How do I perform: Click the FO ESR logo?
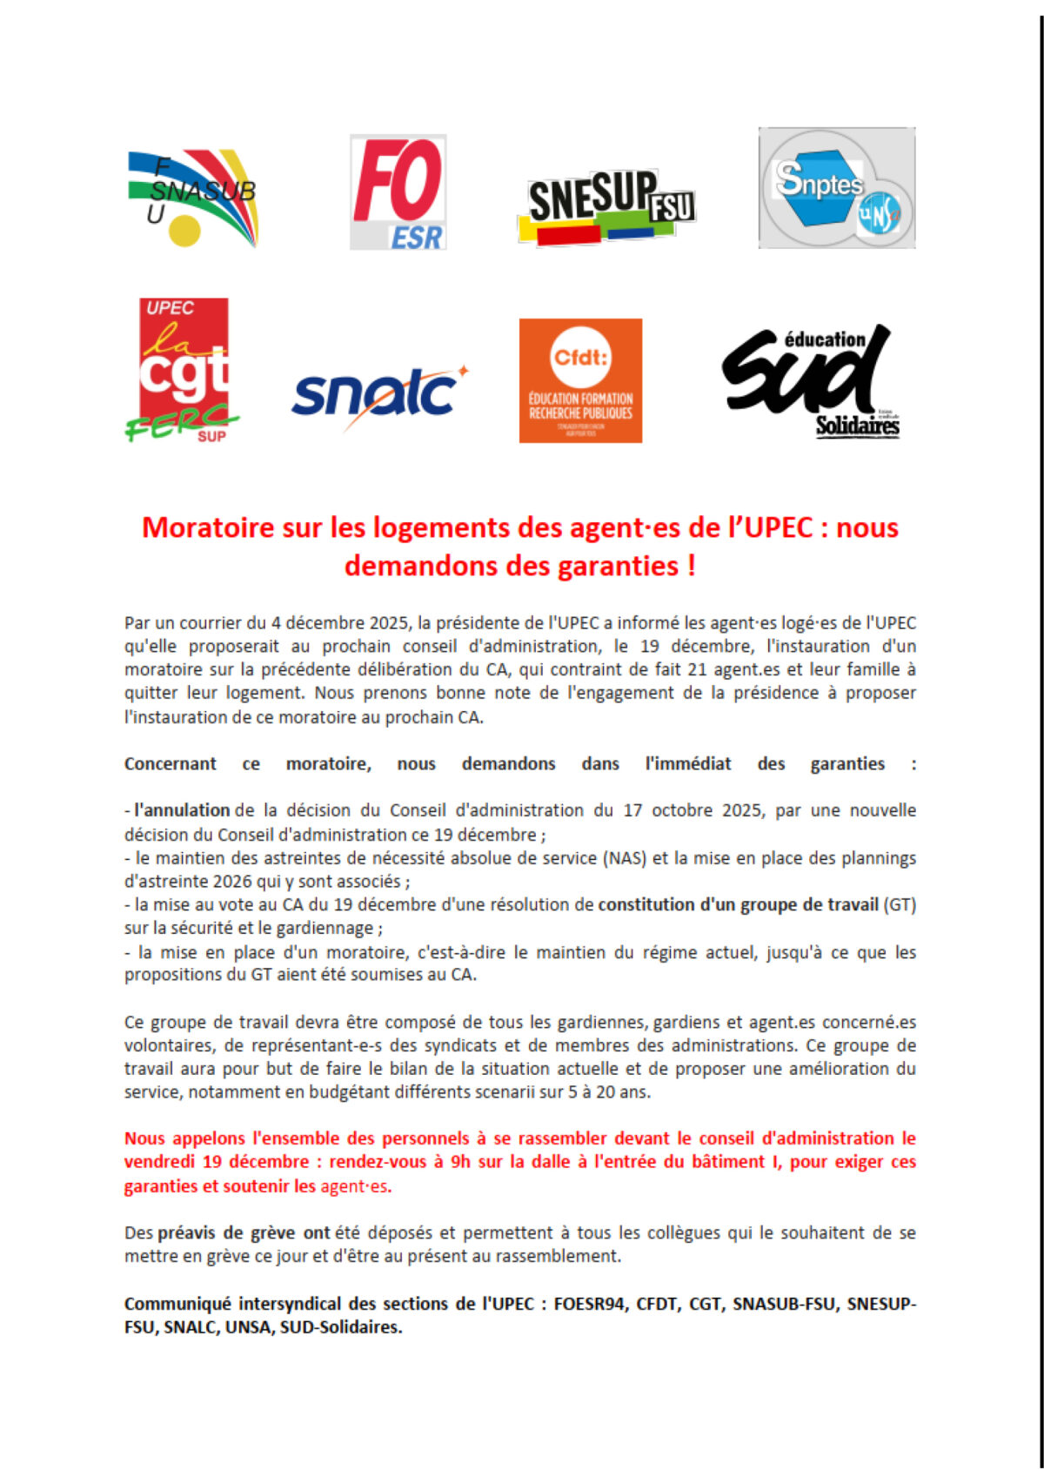point(398,192)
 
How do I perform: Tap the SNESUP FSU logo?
point(606,206)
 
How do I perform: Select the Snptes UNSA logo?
point(836,188)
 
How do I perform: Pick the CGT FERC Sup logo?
point(184,370)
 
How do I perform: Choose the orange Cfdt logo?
point(580,380)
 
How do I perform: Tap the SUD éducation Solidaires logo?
point(809,380)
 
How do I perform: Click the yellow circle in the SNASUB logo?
point(184,230)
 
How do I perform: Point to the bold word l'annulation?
point(182,810)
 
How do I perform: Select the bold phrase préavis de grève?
point(227,1232)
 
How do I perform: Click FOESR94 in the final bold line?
point(590,1304)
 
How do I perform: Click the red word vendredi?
point(159,1162)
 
